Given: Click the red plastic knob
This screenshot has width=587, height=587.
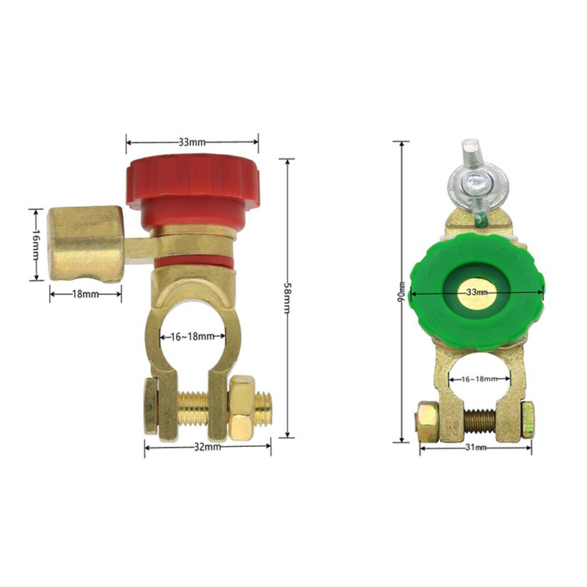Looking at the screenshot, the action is [192, 191].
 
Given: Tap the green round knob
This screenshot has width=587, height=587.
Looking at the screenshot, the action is [476, 293].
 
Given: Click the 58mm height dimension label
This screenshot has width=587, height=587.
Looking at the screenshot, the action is [288, 298].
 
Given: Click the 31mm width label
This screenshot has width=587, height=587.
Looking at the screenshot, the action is [475, 447].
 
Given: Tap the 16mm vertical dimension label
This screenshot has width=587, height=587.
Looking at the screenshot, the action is [36, 245].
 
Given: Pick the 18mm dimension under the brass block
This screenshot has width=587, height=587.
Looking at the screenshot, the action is [85, 294].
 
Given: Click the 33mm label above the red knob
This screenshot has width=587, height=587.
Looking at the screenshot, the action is [192, 142].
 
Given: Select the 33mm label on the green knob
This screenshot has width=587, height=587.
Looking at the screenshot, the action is [476, 292].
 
